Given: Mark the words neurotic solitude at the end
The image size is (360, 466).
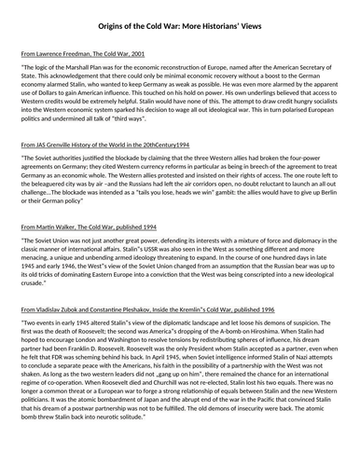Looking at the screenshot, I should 159,457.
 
